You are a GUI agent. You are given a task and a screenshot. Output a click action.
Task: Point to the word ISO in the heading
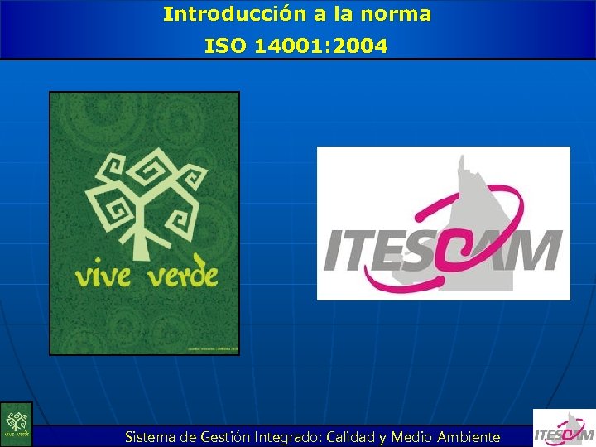223,46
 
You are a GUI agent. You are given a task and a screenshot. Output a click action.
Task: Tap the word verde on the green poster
183,274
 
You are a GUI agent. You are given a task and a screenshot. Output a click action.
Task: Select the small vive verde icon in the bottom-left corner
16,424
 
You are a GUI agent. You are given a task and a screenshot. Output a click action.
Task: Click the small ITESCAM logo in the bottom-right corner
563,428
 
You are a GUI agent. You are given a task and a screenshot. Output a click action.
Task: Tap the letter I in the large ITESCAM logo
334,252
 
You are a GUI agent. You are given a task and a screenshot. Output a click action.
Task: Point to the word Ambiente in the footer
469,437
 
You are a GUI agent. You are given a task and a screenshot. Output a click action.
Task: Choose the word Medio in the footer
411,437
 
